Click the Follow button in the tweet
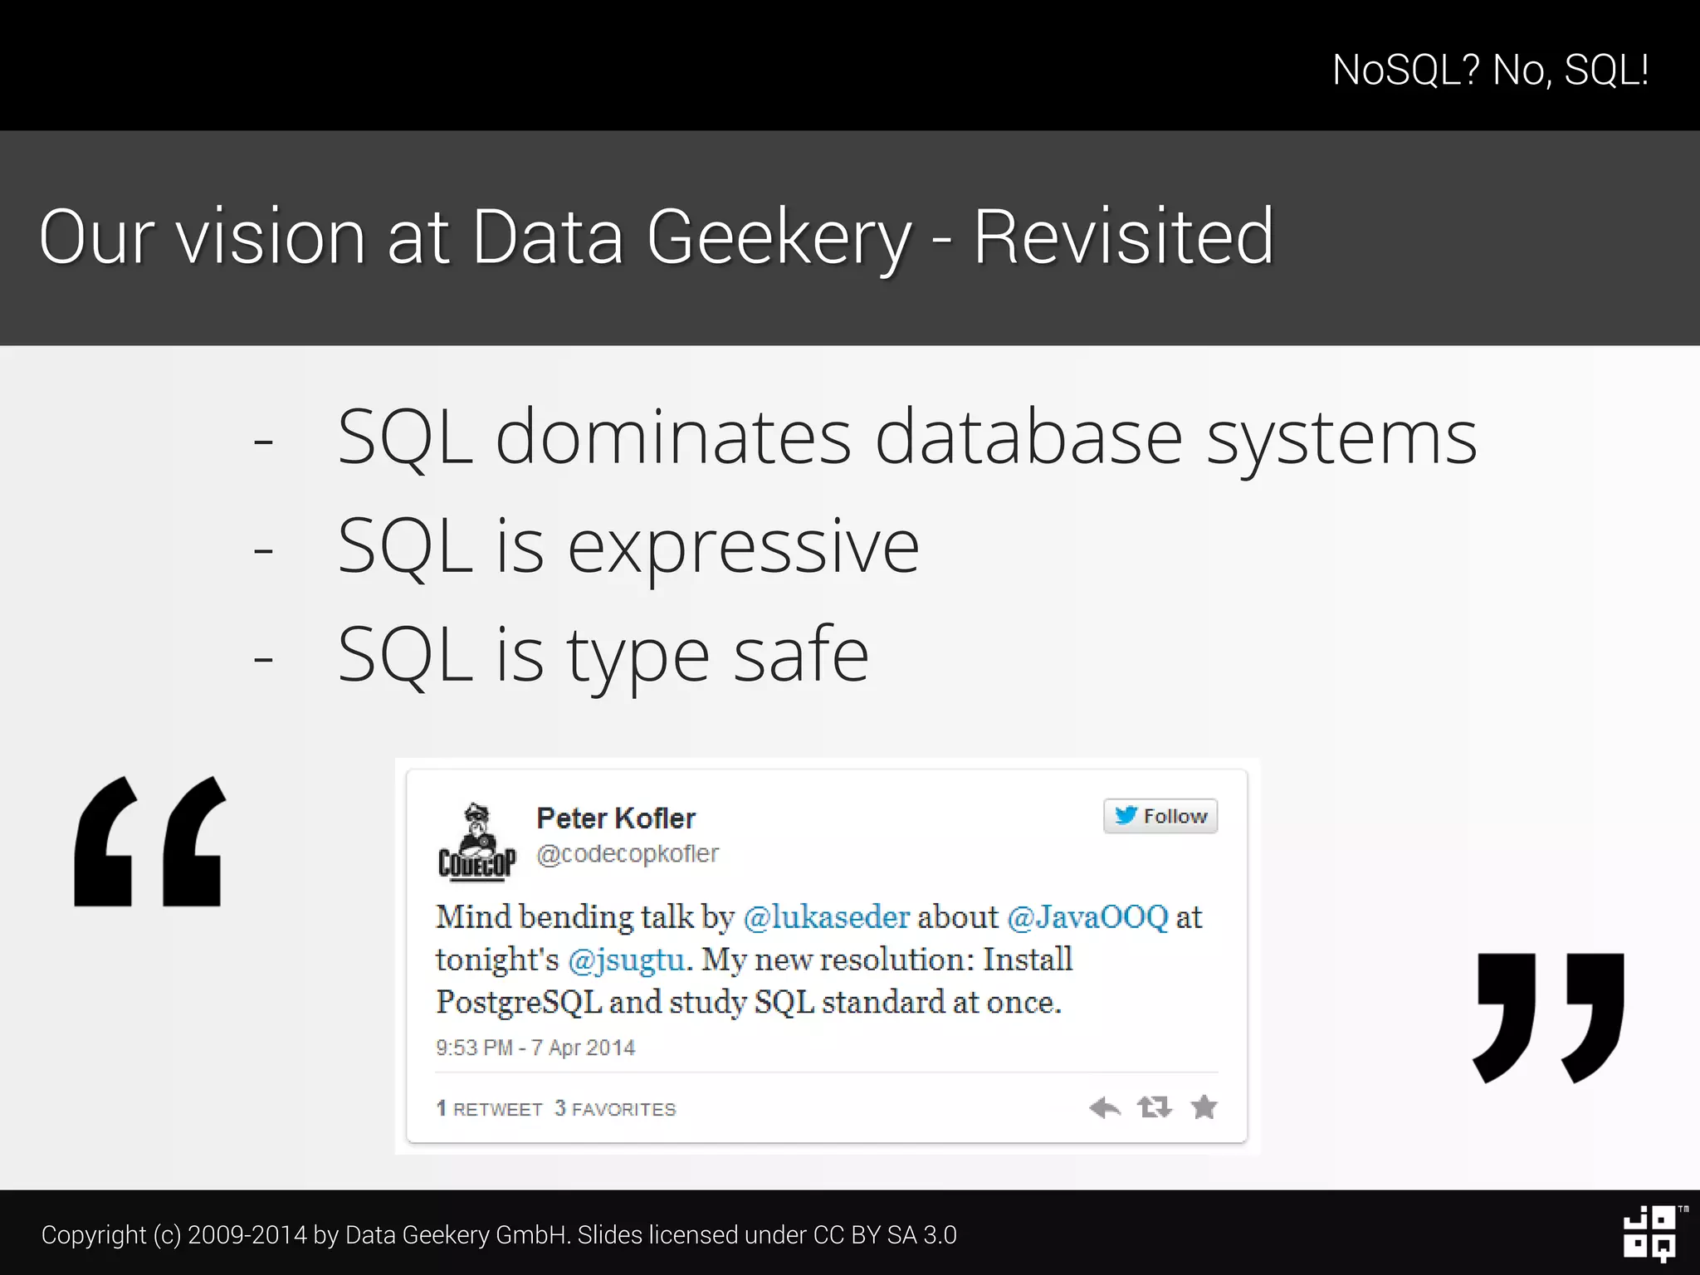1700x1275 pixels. [1160, 816]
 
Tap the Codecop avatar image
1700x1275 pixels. [476, 841]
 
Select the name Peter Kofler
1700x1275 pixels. [616, 818]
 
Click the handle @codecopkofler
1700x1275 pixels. [628, 854]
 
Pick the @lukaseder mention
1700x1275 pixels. [827, 917]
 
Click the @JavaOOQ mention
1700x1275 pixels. [1087, 917]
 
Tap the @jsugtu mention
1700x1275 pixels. [627, 960]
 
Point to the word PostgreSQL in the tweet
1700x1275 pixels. [519, 1003]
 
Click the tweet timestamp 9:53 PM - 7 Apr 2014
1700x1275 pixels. [535, 1048]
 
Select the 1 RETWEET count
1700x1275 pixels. [490, 1109]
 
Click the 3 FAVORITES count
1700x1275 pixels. [615, 1109]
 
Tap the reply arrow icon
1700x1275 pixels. [1105, 1107]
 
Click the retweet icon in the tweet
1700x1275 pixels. [1155, 1107]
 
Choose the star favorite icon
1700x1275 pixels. [1204, 1107]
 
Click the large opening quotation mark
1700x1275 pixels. [150, 841]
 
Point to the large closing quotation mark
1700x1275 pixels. [1548, 1017]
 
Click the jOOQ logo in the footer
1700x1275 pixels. [1650, 1233]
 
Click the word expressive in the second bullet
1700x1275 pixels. [744, 547]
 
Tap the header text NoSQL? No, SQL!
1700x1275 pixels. [1490, 70]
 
